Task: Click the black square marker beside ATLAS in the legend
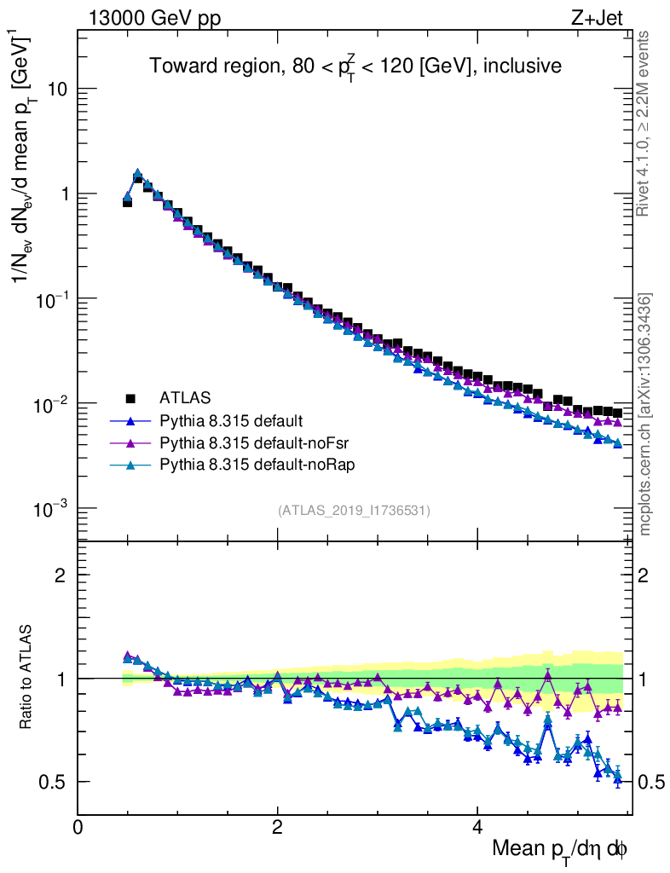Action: pos(131,397)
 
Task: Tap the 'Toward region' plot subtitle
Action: pos(355,66)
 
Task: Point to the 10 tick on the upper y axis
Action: pos(57,90)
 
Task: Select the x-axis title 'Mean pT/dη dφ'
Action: pos(561,849)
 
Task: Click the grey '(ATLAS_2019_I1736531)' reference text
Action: pos(354,511)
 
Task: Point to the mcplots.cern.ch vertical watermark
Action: pos(645,414)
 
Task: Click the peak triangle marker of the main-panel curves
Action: pos(137,173)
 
